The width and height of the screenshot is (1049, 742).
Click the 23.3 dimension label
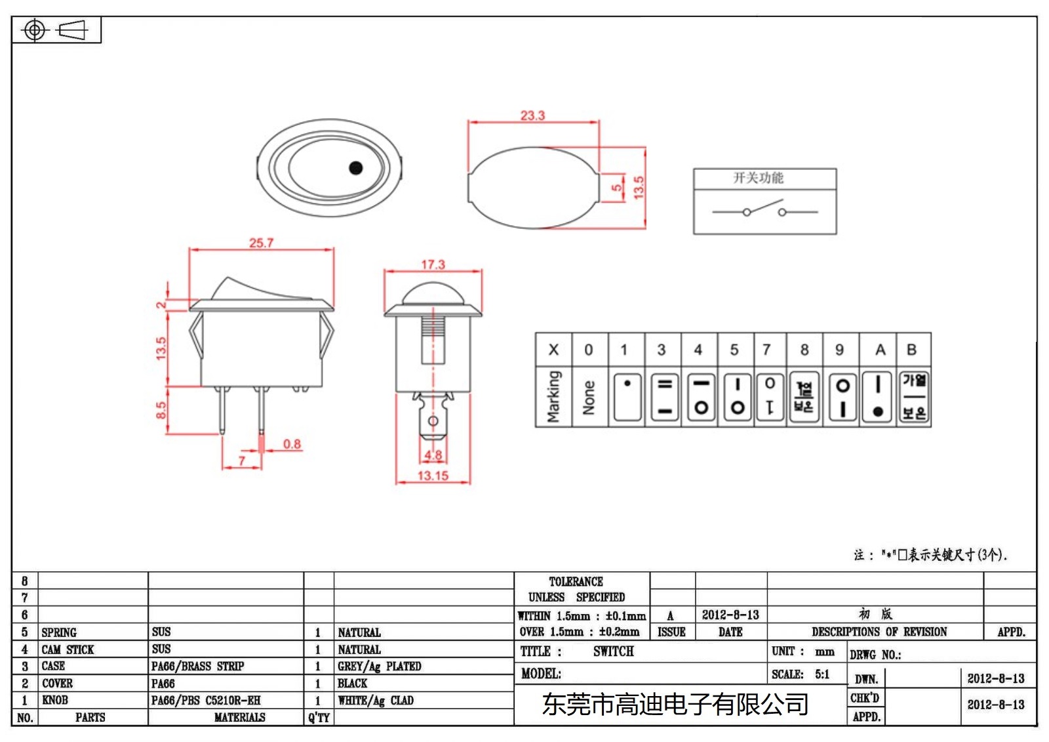[x=532, y=115]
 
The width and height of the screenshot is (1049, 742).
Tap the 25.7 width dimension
[x=261, y=243]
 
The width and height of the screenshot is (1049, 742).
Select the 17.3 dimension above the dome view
[x=433, y=264]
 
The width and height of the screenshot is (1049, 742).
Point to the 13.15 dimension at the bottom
[x=433, y=476]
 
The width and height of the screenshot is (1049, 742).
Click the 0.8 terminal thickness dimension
[x=292, y=444]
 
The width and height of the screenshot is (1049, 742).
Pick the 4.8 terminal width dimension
[x=433, y=455]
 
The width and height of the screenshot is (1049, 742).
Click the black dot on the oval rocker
[x=356, y=168]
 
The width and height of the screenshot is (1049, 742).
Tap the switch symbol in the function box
[x=764, y=211]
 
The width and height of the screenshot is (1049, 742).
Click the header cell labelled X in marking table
[x=553, y=350]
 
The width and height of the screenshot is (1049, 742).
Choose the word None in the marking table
[x=589, y=398]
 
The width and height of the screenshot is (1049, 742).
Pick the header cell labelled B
[x=911, y=350]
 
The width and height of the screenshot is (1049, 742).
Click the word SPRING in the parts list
[x=59, y=632]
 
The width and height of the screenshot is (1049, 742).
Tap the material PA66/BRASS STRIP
[x=197, y=667]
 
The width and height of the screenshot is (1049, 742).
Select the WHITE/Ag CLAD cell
[x=376, y=701]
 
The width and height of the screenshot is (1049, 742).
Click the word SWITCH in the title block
[x=613, y=651]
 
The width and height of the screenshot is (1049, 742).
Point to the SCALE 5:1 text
[x=801, y=674]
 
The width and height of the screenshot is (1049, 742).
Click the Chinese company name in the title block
[x=675, y=705]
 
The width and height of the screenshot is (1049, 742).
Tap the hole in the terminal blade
[x=433, y=421]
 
